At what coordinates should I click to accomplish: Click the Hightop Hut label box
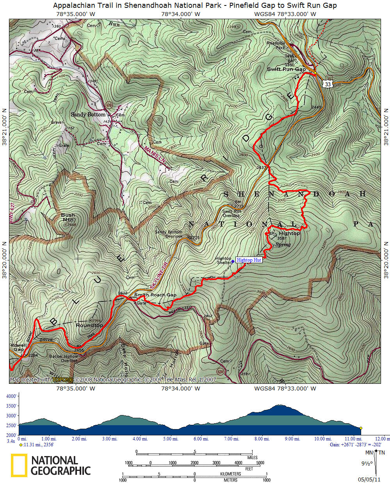click(249, 260)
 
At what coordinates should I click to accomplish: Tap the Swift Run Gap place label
click(286, 69)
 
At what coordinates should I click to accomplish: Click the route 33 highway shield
click(328, 84)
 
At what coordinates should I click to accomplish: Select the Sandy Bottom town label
click(88, 114)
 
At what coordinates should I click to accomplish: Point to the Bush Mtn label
click(68, 217)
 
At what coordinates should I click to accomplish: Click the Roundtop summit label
click(89, 325)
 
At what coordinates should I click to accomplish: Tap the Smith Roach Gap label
click(155, 295)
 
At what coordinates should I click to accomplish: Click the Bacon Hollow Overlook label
click(64, 358)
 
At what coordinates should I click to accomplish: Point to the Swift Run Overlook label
click(232, 213)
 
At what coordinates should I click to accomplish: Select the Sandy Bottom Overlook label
click(168, 234)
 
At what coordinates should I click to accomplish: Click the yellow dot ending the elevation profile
click(361, 428)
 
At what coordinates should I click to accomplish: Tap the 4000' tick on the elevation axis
click(11, 396)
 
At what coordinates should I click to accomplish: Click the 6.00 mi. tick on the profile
click(201, 439)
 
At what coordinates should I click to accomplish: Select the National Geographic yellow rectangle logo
click(19, 465)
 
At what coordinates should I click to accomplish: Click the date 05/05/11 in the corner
click(369, 479)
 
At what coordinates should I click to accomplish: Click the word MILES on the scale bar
click(252, 458)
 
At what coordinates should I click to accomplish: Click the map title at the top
click(195, 5)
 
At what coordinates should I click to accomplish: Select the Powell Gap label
click(18, 348)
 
